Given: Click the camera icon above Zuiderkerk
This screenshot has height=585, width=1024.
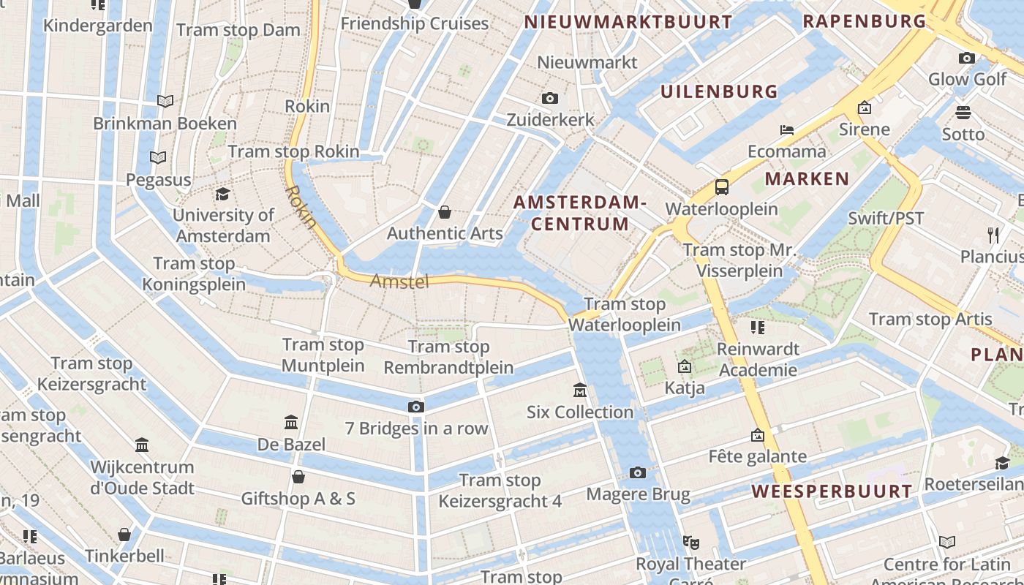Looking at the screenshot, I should tap(550, 98).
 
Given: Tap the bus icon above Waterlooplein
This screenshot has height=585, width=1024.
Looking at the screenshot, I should tap(722, 186).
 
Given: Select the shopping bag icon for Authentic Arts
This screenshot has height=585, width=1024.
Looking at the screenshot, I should tap(444, 212).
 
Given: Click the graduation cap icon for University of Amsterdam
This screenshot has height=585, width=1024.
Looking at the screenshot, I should tap(222, 194).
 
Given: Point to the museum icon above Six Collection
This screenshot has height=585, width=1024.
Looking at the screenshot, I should tap(580, 390).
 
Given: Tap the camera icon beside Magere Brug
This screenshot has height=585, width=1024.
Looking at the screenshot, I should tap(638, 473).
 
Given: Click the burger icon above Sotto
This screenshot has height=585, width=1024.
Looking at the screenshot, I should tap(963, 113).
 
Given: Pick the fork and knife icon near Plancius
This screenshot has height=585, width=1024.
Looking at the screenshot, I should tap(993, 235).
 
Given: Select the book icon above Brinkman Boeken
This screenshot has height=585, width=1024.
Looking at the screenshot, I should tap(165, 101).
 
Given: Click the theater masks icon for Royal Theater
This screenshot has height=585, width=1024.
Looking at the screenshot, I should tap(690, 543).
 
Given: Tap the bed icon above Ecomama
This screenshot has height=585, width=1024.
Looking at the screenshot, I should tap(787, 130).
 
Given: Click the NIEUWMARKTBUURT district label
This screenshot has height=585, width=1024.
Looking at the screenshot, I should tap(628, 22).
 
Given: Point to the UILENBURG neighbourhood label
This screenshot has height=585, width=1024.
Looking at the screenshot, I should tap(719, 91).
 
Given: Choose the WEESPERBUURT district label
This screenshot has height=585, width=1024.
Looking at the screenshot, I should tap(832, 491).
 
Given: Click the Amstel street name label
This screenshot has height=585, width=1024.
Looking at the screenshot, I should tap(399, 281).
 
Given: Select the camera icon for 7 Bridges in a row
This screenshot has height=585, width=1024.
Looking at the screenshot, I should tap(415, 407).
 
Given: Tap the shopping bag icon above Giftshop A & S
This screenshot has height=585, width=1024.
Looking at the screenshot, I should tap(298, 478).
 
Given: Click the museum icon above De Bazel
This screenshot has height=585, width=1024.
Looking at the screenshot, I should tap(291, 422).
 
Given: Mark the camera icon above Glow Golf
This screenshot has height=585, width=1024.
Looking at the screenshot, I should tap(967, 58).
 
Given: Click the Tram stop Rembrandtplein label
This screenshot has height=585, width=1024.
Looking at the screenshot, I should tap(448, 357).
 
